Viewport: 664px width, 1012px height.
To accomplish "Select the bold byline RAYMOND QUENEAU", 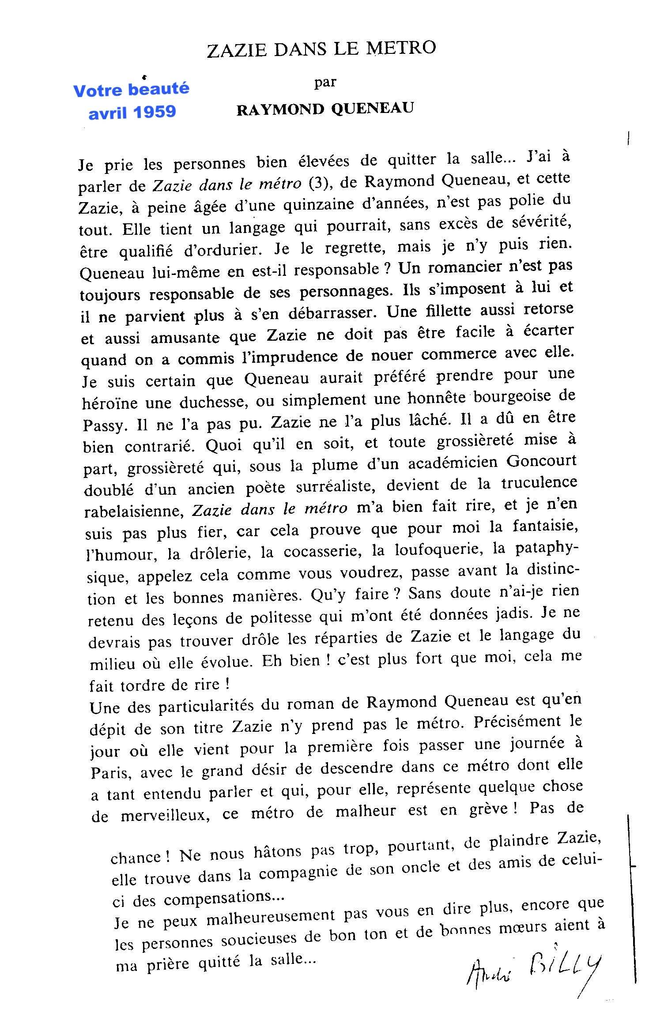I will click(325, 109).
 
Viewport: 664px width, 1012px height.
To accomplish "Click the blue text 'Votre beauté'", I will click(131, 90).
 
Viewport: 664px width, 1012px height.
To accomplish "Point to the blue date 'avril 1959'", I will click(132, 112).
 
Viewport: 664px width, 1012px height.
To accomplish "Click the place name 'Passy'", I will click(104, 425).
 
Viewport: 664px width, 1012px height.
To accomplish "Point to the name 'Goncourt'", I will click(541, 461).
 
